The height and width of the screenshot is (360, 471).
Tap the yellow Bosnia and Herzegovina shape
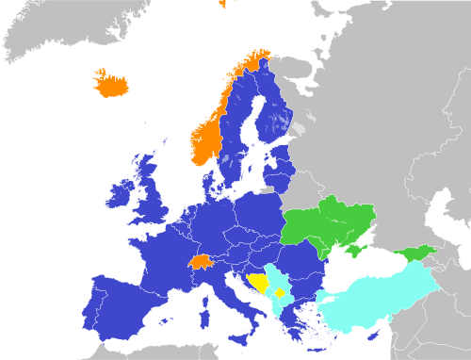[257, 283]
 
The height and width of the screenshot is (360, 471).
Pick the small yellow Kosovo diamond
[279, 296]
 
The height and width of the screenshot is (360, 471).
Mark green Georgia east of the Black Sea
[417, 252]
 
